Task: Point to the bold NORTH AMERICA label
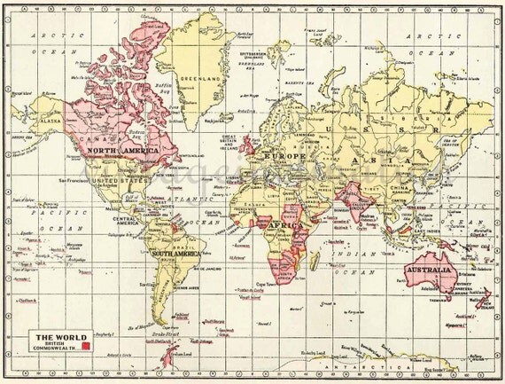pos(120,153)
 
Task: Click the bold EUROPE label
pos(291,156)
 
